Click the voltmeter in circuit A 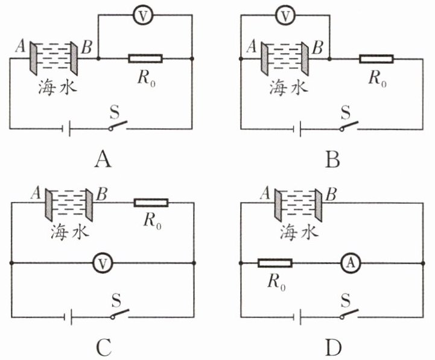pyautogui.click(x=143, y=16)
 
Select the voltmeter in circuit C pyautogui.click(x=103, y=263)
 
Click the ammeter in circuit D pyautogui.click(x=351, y=263)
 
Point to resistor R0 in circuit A pyautogui.click(x=145, y=58)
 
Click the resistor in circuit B pyautogui.click(x=376, y=59)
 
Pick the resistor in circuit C pyautogui.click(x=151, y=203)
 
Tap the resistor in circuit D pyautogui.click(x=275, y=263)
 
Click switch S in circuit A pyautogui.click(x=118, y=125)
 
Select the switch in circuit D pyautogui.click(x=349, y=314)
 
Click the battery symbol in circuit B pyautogui.click(x=297, y=128)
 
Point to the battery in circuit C pyautogui.click(x=68, y=317)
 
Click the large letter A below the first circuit pyautogui.click(x=103, y=160)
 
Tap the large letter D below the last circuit pyautogui.click(x=334, y=348)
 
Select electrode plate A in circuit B pyautogui.click(x=264, y=58)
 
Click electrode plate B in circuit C pyautogui.click(x=89, y=205)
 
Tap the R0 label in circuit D pyautogui.click(x=276, y=283)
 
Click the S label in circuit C pyautogui.click(x=116, y=301)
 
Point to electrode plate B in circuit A pyautogui.click(x=74, y=58)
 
